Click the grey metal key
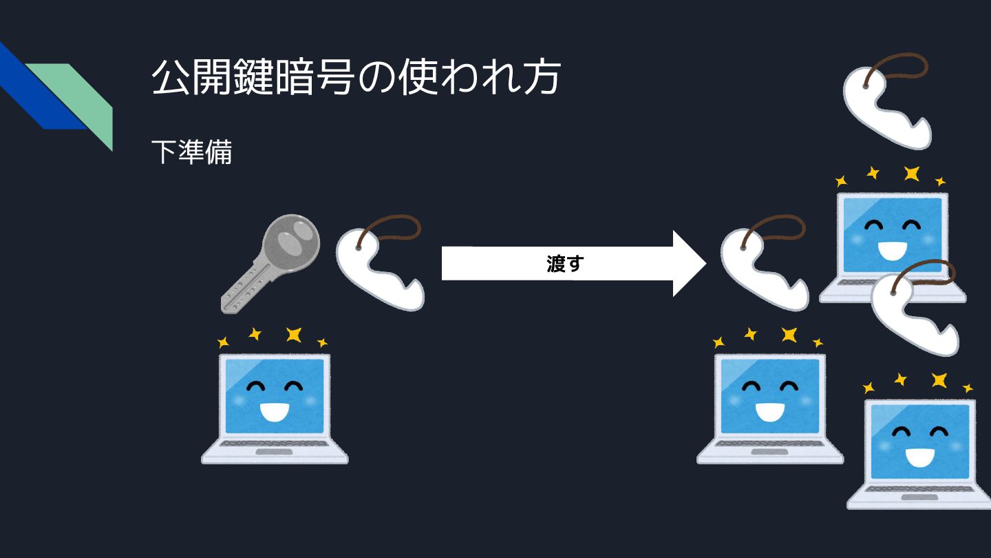(x=268, y=262)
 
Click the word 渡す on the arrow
(x=564, y=264)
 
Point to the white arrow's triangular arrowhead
(x=688, y=264)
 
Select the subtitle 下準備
(x=191, y=152)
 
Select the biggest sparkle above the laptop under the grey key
(x=294, y=335)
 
